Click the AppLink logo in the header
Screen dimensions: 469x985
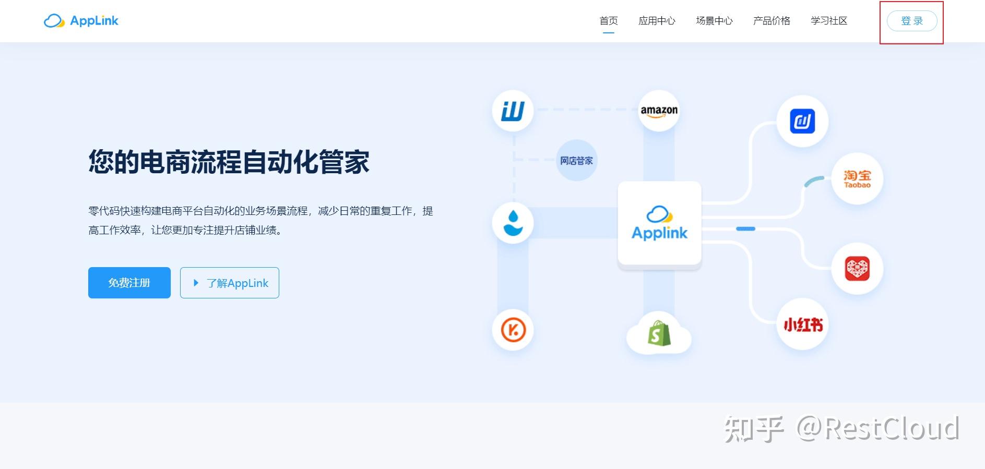[x=81, y=21]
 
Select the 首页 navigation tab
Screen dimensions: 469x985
[x=609, y=21]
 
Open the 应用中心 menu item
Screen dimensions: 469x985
[x=657, y=21]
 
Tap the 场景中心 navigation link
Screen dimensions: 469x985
[x=714, y=21]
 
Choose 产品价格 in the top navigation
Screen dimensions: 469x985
[x=772, y=21]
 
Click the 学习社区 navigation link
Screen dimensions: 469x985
[x=829, y=21]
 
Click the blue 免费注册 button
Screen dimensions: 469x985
[x=129, y=283]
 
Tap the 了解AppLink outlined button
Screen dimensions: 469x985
[x=230, y=283]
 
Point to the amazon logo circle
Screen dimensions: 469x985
[x=659, y=111]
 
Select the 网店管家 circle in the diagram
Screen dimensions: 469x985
[x=576, y=161]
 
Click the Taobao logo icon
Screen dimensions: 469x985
[x=857, y=178]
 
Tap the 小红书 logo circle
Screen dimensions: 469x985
[x=803, y=324]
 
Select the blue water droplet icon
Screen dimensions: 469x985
[x=513, y=223]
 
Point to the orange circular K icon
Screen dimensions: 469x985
[x=513, y=330]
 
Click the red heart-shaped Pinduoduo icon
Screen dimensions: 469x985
[x=857, y=269]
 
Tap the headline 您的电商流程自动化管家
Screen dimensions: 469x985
[x=229, y=162]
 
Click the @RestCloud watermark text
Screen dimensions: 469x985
[x=877, y=429]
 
